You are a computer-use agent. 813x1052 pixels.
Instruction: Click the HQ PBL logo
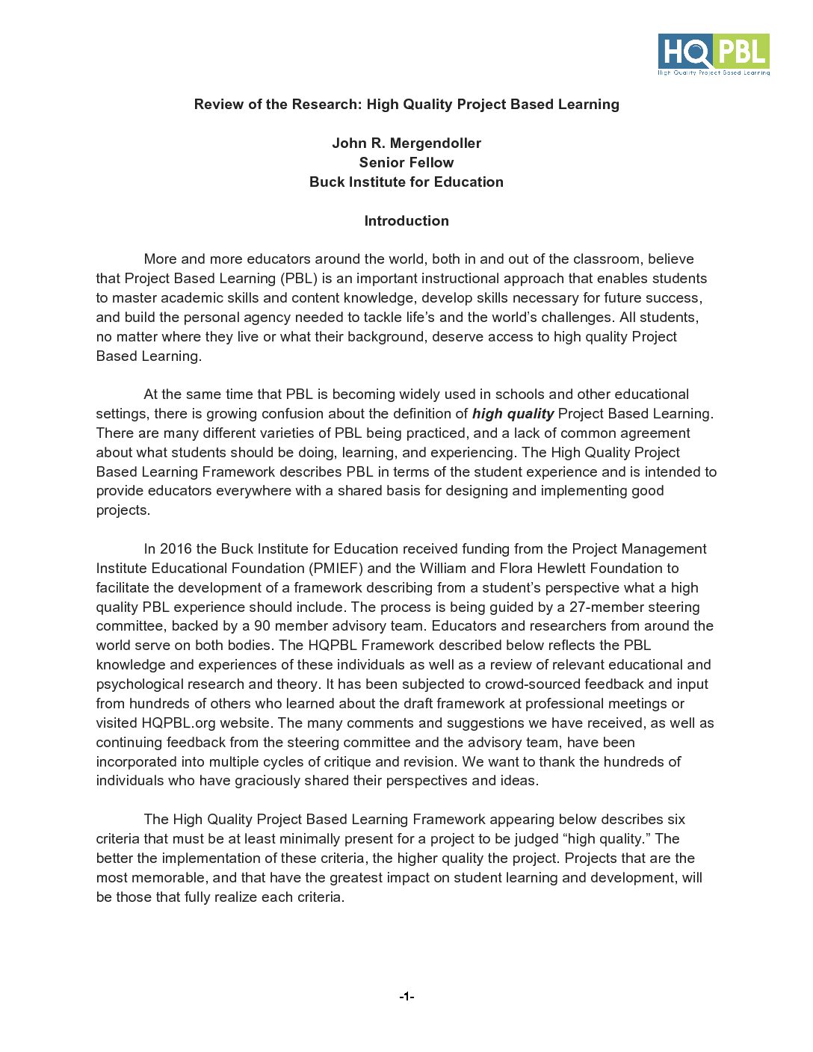[714, 55]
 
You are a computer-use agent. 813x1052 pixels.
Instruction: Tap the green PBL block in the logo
[742, 52]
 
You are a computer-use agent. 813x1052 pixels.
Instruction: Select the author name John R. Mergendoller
[406, 143]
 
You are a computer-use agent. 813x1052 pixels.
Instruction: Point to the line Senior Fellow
[406, 163]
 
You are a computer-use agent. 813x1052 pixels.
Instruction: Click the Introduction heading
[406, 221]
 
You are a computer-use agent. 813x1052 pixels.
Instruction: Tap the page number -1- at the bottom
[406, 996]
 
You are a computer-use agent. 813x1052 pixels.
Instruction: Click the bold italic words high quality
[513, 414]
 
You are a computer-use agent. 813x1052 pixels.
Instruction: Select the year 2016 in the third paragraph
[176, 549]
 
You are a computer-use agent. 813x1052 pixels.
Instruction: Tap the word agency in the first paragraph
[252, 318]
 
